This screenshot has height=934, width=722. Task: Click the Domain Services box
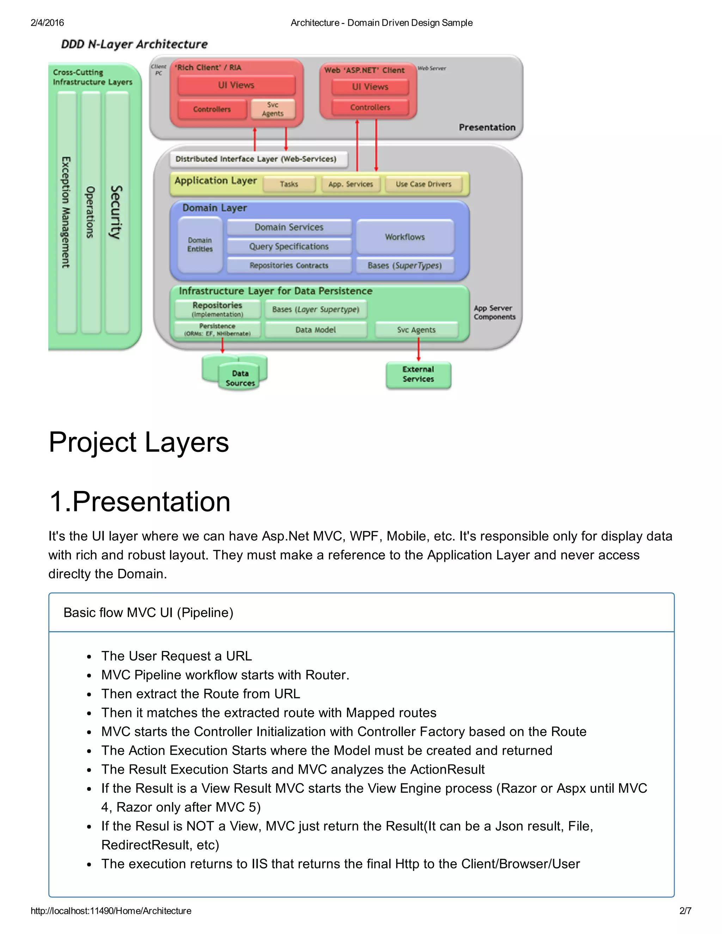289,227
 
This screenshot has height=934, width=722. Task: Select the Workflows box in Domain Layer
405,237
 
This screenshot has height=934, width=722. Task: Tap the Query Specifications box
289,246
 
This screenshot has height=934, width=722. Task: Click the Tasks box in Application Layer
289,184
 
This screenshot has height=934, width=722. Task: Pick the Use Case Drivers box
423,184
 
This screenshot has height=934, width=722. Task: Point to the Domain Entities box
200,245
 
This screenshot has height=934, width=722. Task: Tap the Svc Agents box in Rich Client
273,109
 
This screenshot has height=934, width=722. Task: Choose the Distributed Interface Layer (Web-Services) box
256,159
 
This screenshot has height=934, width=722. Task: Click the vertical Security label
116,212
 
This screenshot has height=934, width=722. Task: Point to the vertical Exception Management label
66,212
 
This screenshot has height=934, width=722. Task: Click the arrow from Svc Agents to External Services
418,349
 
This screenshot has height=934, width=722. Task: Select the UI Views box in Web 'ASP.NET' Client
370,87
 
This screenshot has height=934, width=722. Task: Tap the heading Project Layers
139,442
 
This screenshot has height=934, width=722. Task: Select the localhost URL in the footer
111,910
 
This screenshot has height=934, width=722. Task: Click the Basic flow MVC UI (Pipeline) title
148,613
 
